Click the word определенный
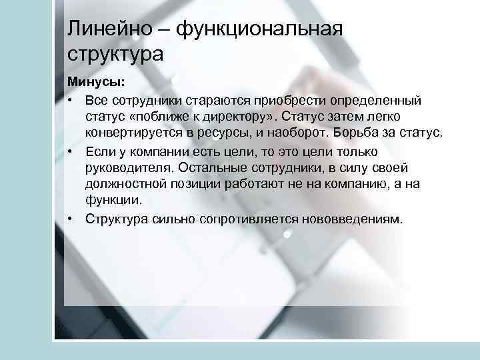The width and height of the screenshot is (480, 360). tap(379, 101)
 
